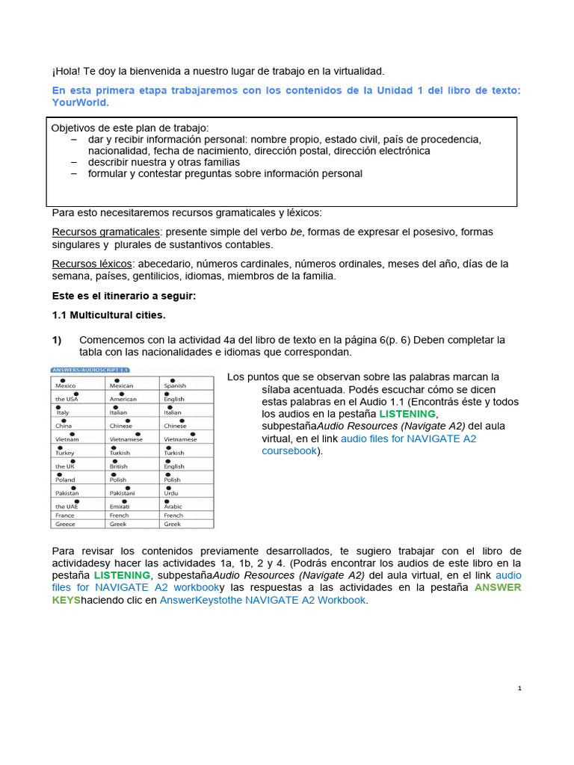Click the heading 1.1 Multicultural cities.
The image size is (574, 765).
click(108, 315)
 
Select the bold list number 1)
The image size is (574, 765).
click(57, 340)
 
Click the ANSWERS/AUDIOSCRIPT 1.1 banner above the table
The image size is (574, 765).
click(90, 369)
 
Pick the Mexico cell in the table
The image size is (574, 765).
click(66, 385)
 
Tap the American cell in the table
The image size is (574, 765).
click(123, 399)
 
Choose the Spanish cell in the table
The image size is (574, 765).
click(175, 385)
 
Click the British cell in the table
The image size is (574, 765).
click(118, 466)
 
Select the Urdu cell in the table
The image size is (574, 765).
click(172, 493)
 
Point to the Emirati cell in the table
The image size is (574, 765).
click(120, 507)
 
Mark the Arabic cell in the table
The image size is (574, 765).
click(173, 507)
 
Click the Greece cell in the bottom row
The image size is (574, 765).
click(65, 524)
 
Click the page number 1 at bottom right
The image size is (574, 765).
click(519, 688)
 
